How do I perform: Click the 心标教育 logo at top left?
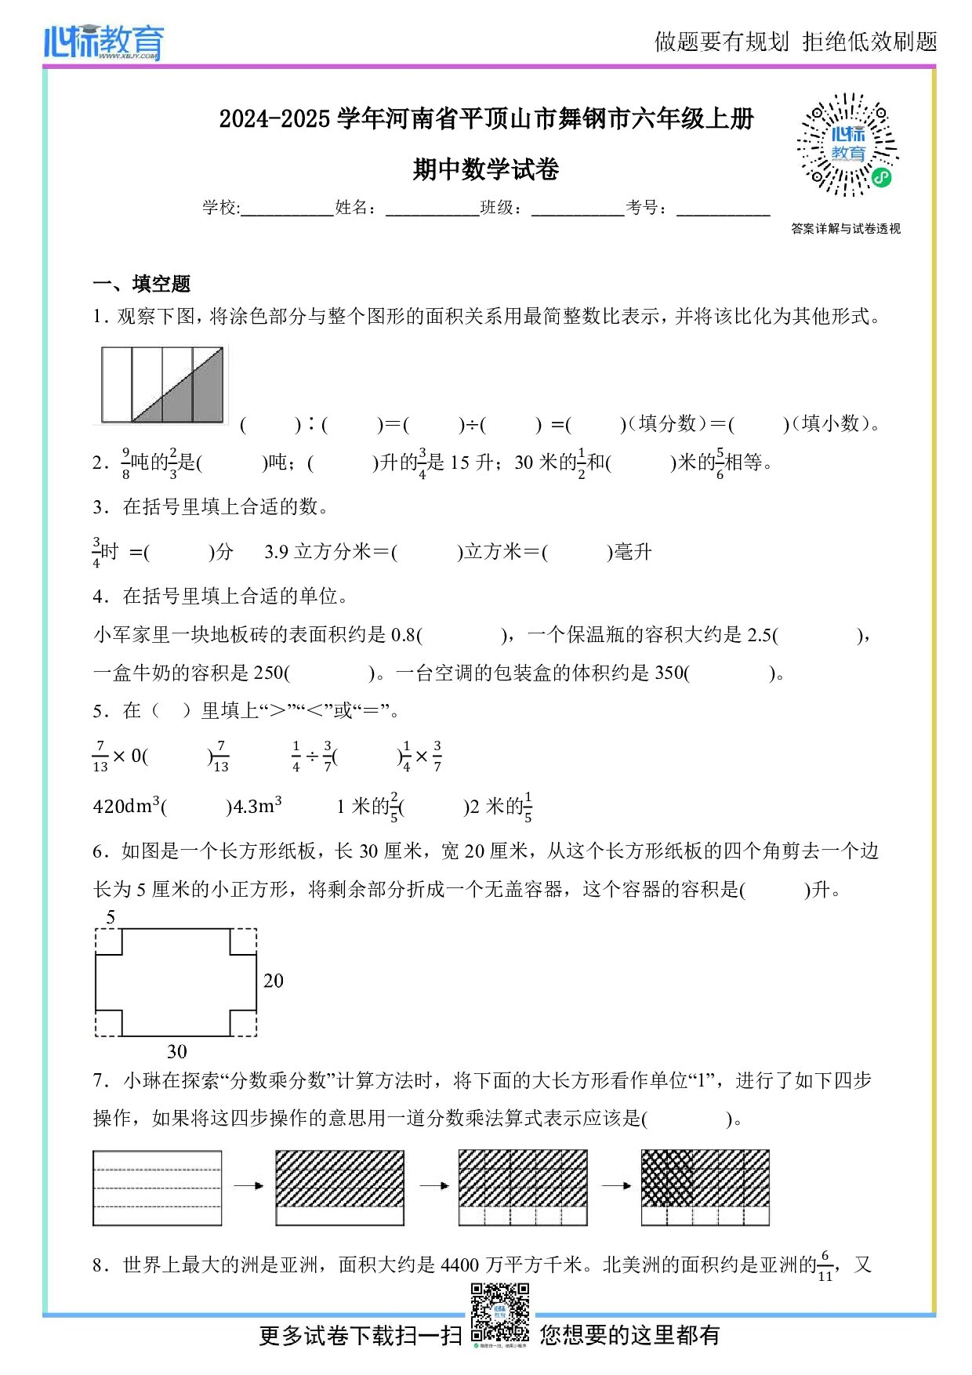pyautogui.click(x=103, y=42)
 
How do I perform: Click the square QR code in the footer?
pyautogui.click(x=499, y=1312)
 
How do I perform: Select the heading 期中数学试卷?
pyautogui.click(x=485, y=169)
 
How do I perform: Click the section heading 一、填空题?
pyautogui.click(x=142, y=284)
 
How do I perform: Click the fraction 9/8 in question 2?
pyautogui.click(x=125, y=463)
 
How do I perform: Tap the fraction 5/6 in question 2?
pyautogui.click(x=720, y=463)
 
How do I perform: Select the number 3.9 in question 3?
pyautogui.click(x=276, y=552)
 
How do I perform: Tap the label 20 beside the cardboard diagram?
pyautogui.click(x=273, y=981)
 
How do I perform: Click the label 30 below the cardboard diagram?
pyautogui.click(x=176, y=1052)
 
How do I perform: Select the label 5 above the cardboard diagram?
pyautogui.click(x=111, y=917)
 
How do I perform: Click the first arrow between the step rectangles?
pyautogui.click(x=248, y=1186)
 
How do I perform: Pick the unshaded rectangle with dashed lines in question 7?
pyautogui.click(x=158, y=1188)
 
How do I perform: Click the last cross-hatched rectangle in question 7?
pyautogui.click(x=705, y=1188)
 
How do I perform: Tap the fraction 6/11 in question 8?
pyautogui.click(x=825, y=1267)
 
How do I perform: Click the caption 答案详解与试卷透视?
pyautogui.click(x=845, y=229)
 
